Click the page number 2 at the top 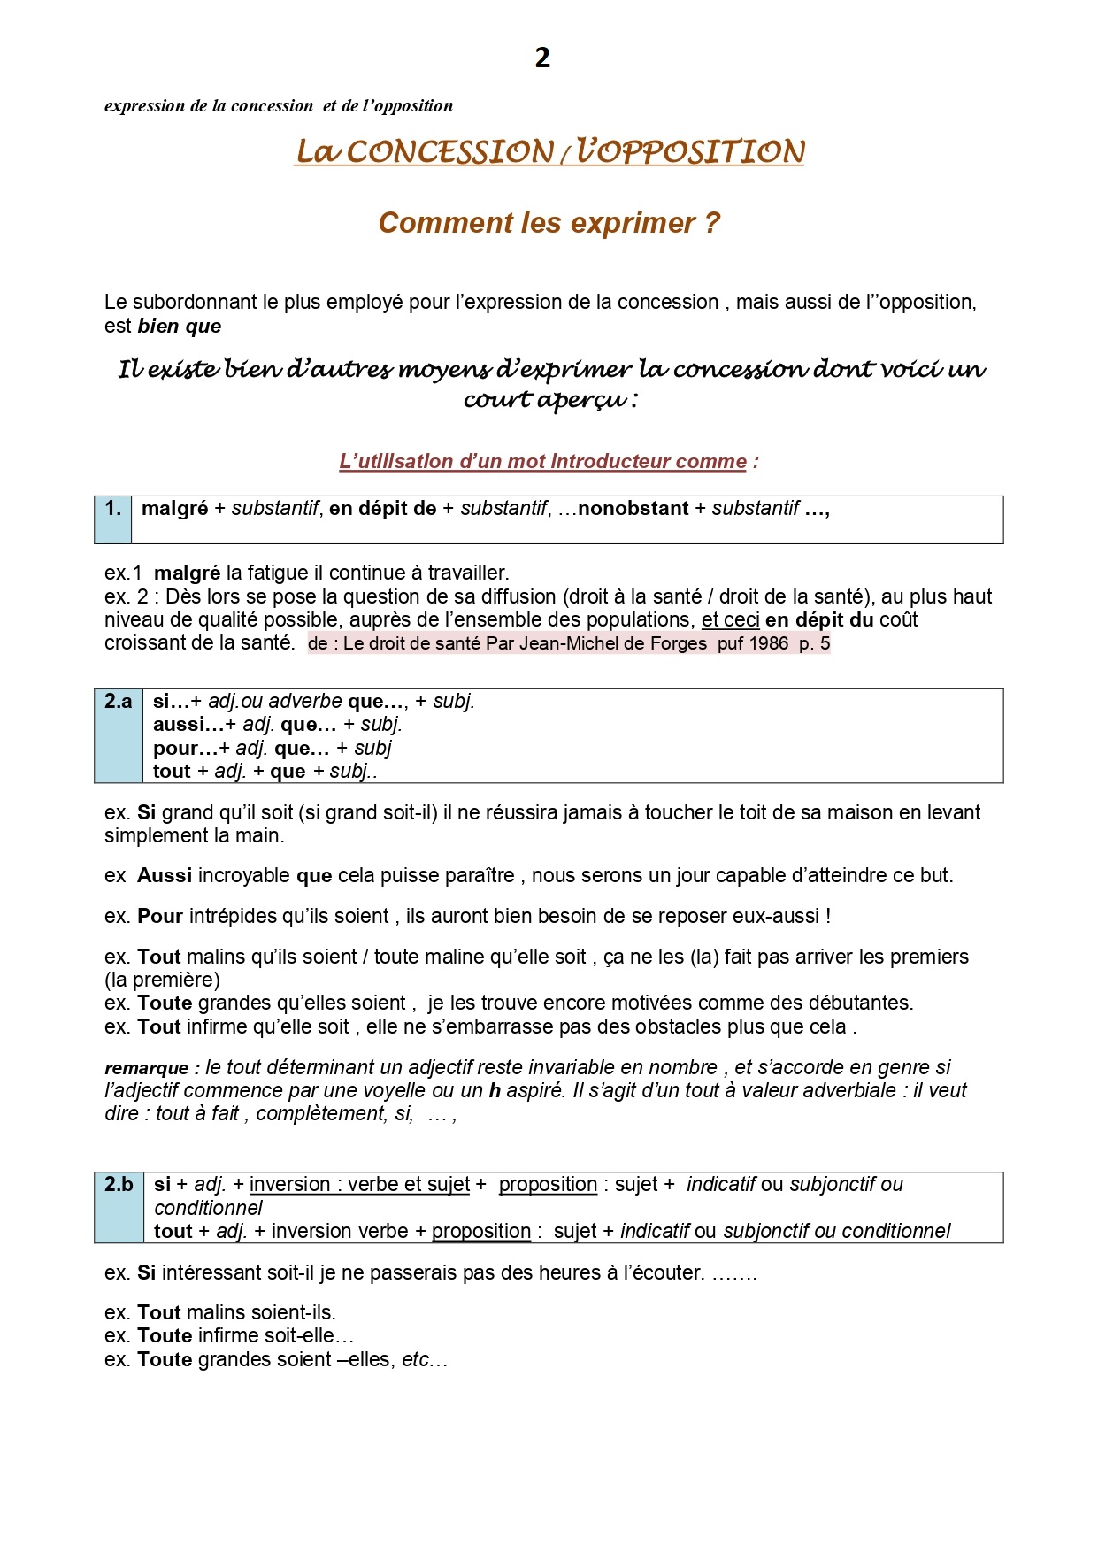point(542,58)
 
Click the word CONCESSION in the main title point(450,151)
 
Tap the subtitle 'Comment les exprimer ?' point(549,223)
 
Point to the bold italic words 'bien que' point(180,326)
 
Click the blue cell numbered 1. point(113,519)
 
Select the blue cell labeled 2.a point(119,735)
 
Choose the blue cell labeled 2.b point(119,1207)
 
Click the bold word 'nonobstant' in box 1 point(633,509)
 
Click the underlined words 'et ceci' point(730,619)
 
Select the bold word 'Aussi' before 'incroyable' point(165,876)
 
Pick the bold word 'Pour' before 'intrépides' point(160,917)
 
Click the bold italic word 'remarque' point(147,1068)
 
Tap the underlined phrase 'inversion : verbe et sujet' point(359,1185)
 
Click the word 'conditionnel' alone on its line point(208,1208)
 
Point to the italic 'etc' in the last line point(415,1360)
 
